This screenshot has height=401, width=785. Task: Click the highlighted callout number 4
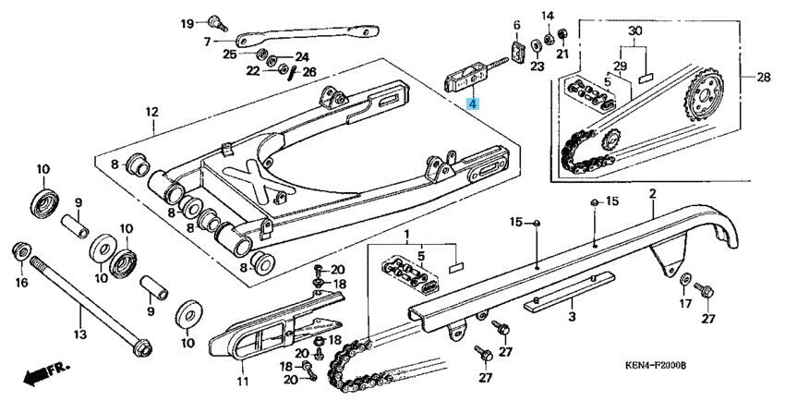click(473, 105)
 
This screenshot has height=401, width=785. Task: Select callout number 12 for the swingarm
click(151, 113)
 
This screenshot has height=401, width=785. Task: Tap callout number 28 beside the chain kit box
click(763, 77)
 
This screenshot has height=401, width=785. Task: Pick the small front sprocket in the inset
click(610, 144)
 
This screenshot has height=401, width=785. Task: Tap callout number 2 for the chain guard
click(652, 193)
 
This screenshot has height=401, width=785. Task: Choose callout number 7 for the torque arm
click(206, 43)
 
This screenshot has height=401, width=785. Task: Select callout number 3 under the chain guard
click(572, 317)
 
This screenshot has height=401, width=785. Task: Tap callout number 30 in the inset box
click(634, 30)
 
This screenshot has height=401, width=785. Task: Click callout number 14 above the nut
click(547, 16)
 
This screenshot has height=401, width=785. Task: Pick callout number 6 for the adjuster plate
click(517, 25)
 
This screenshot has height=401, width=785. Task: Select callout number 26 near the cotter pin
click(308, 72)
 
